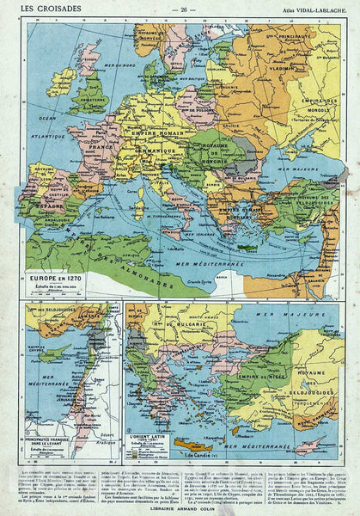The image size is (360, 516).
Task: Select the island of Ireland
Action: tap(61, 83)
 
